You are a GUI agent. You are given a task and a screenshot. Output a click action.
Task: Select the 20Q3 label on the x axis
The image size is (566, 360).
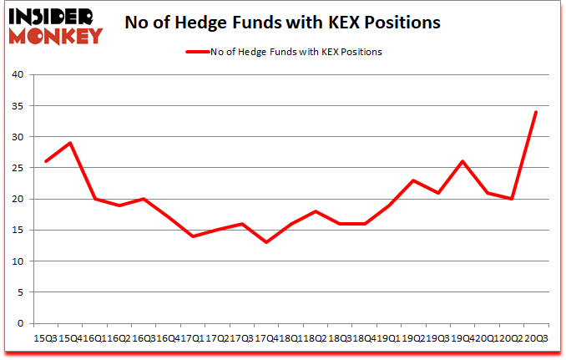coord(536,337)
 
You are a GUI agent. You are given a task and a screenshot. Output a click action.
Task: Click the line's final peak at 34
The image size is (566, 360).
coord(535,112)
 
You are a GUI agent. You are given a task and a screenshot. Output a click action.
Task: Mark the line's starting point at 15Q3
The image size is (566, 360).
coord(45,161)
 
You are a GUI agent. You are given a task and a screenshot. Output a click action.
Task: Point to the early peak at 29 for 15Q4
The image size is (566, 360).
coord(69,143)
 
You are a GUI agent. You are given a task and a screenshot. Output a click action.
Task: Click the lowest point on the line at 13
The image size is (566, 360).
coord(266,242)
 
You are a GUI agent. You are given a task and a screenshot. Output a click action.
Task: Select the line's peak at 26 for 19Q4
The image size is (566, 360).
coord(462,161)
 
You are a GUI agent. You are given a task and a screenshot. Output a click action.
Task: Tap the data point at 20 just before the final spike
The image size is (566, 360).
coord(511,199)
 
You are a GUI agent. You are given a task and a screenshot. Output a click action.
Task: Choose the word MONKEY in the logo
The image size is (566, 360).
coord(56,35)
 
